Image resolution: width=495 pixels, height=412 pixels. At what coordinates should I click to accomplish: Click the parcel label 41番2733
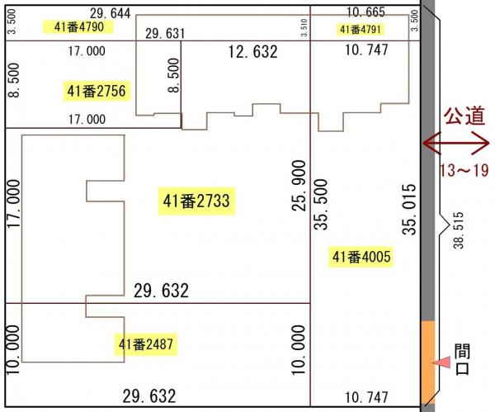[x=196, y=201]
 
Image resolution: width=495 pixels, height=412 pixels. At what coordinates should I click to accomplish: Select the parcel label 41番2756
[x=97, y=91]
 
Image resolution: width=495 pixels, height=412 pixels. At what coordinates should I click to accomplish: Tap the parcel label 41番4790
[x=78, y=27]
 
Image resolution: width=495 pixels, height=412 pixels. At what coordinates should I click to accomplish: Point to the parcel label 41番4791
[x=361, y=30]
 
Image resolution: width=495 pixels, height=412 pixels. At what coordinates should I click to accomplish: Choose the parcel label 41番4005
[x=361, y=257]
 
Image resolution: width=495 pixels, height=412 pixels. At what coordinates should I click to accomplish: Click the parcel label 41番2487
[x=146, y=344]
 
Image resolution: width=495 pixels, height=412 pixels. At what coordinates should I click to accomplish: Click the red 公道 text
[x=464, y=116]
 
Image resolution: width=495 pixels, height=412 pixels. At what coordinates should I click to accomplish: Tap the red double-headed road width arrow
[x=456, y=144]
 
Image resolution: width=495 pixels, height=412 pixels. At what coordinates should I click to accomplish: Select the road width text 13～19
[x=464, y=171]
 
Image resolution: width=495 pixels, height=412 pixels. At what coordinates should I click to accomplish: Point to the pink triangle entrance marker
[x=442, y=362]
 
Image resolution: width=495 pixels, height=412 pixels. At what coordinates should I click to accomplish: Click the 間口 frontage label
[x=462, y=359]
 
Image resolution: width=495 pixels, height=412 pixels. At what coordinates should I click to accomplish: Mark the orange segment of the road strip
[x=428, y=362]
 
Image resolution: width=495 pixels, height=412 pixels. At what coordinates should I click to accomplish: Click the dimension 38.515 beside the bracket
[x=459, y=230]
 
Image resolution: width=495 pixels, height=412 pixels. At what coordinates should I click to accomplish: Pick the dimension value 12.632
[x=253, y=52]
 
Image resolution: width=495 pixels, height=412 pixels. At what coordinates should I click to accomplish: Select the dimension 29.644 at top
[x=111, y=13]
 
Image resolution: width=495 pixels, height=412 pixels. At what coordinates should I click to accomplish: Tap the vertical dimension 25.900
[x=299, y=186]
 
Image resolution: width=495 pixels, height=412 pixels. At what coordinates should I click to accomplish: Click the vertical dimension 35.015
[x=409, y=209]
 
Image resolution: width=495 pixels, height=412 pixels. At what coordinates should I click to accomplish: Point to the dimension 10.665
[x=365, y=12]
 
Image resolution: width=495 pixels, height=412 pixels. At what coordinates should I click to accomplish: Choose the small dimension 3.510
[x=304, y=27]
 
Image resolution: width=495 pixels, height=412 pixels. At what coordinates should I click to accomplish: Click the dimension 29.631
[x=165, y=34]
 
